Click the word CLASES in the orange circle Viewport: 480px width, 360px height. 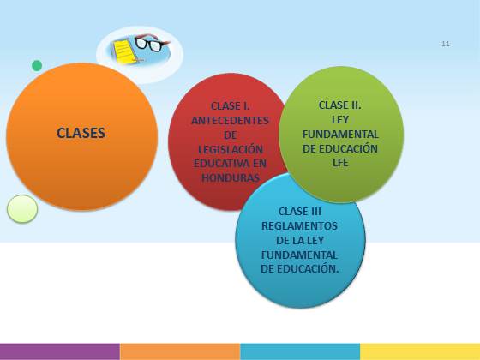pyautogui.click(x=81, y=133)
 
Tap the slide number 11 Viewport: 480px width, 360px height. pyautogui.click(x=446, y=44)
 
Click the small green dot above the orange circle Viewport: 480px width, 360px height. pyautogui.click(x=37, y=65)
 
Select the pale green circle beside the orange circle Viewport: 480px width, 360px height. pyautogui.click(x=22, y=209)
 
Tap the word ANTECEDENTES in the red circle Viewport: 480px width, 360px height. pyautogui.click(x=230, y=120)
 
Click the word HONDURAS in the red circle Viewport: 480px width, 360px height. pyautogui.click(x=231, y=177)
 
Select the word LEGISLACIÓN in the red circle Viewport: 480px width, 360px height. pyautogui.click(x=231, y=149)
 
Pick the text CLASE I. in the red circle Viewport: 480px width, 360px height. pyautogui.click(x=231, y=106)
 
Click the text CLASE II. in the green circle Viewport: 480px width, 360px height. pyautogui.click(x=339, y=105)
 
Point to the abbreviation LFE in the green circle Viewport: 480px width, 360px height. pyautogui.click(x=340, y=163)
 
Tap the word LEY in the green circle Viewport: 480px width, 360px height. pyautogui.click(x=340, y=120)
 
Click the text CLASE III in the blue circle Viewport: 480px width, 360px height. pyautogui.click(x=300, y=211)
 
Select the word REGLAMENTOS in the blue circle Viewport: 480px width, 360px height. pyautogui.click(x=299, y=226)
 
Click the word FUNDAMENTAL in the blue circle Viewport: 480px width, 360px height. pyautogui.click(x=299, y=255)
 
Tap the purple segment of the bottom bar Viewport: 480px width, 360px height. pyautogui.click(x=60, y=351)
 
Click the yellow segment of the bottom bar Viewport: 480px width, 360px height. pyautogui.click(x=420, y=351)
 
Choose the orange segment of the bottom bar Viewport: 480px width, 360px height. pyautogui.click(x=180, y=351)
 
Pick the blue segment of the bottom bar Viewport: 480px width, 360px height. pyautogui.click(x=300, y=351)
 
